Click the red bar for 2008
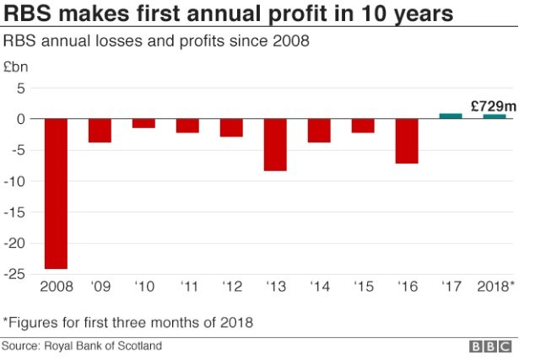(56, 193)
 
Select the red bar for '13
(275, 144)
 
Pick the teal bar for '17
(451, 116)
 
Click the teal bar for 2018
(494, 116)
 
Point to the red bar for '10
(143, 123)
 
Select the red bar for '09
(100, 131)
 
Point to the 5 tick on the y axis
(22, 88)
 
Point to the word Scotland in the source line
(140, 346)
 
